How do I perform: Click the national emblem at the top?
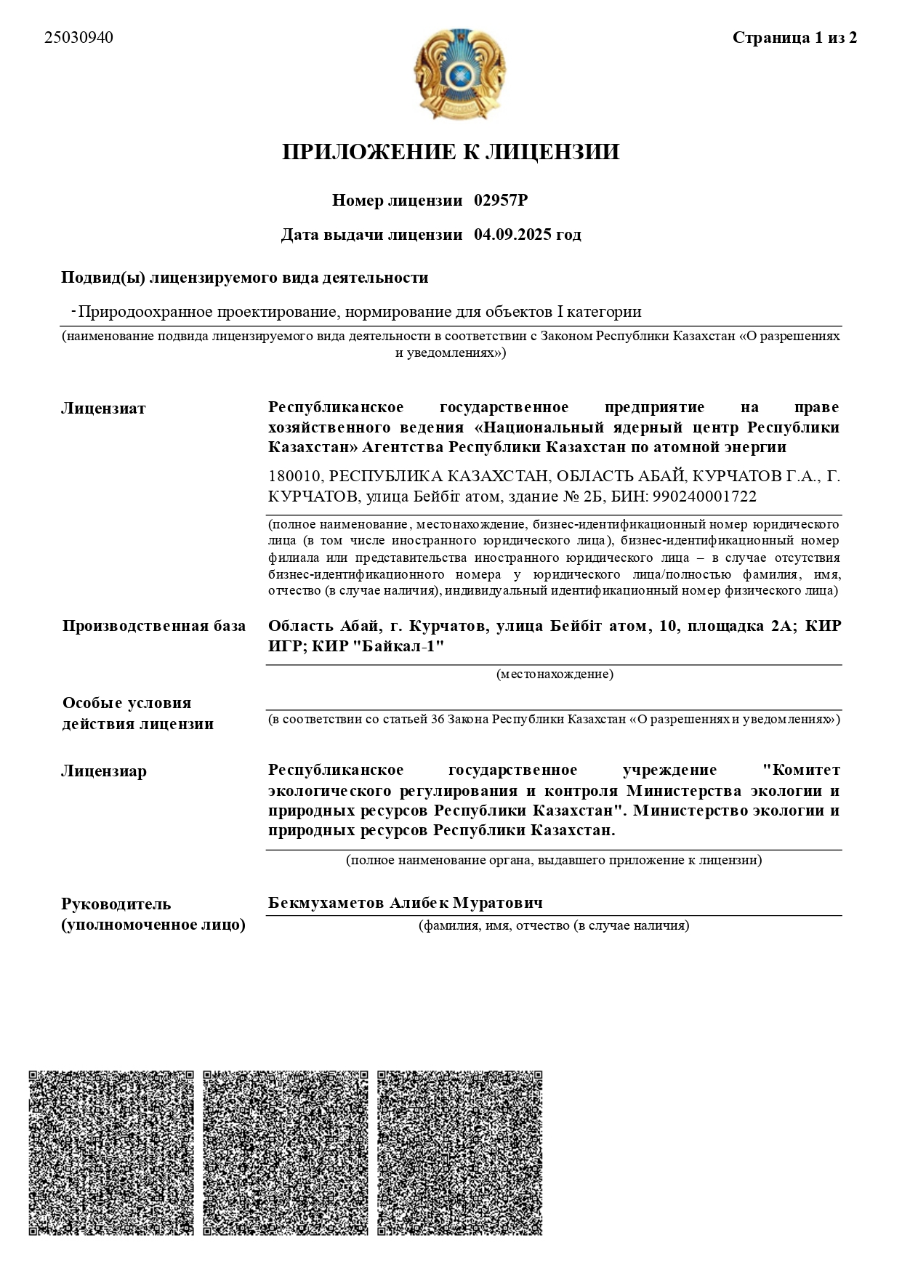pyautogui.click(x=459, y=73)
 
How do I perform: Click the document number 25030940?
pyautogui.click(x=78, y=38)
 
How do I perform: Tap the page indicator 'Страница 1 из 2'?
pyautogui.click(x=794, y=38)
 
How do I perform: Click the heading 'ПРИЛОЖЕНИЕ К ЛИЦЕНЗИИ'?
pyautogui.click(x=451, y=152)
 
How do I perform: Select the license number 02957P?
pyautogui.click(x=501, y=201)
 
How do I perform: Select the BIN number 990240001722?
pyautogui.click(x=705, y=497)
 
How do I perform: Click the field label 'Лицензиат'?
pyautogui.click(x=103, y=409)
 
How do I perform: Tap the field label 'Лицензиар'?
pyautogui.click(x=104, y=771)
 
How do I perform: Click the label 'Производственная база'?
pyautogui.click(x=154, y=626)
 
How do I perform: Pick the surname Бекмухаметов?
pyautogui.click(x=326, y=903)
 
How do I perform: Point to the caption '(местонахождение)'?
pyautogui.click(x=555, y=675)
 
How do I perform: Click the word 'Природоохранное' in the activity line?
pyautogui.click(x=134, y=313)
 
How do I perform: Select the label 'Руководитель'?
pyautogui.click(x=116, y=904)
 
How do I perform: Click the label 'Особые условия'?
pyautogui.click(x=127, y=703)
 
